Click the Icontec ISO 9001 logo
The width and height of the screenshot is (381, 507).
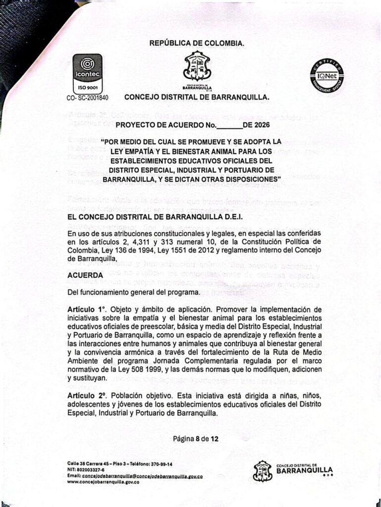(x=87, y=74)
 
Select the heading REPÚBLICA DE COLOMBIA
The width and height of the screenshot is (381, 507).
(x=197, y=44)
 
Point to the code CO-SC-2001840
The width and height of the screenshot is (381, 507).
(x=87, y=98)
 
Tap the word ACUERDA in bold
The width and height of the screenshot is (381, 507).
(x=85, y=275)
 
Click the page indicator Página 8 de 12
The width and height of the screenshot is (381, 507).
(x=196, y=439)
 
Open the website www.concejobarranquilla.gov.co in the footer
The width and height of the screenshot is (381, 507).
(x=103, y=482)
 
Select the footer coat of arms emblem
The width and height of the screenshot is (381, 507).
(x=263, y=471)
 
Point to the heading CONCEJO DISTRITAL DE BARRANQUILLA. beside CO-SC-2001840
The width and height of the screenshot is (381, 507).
(x=197, y=97)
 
